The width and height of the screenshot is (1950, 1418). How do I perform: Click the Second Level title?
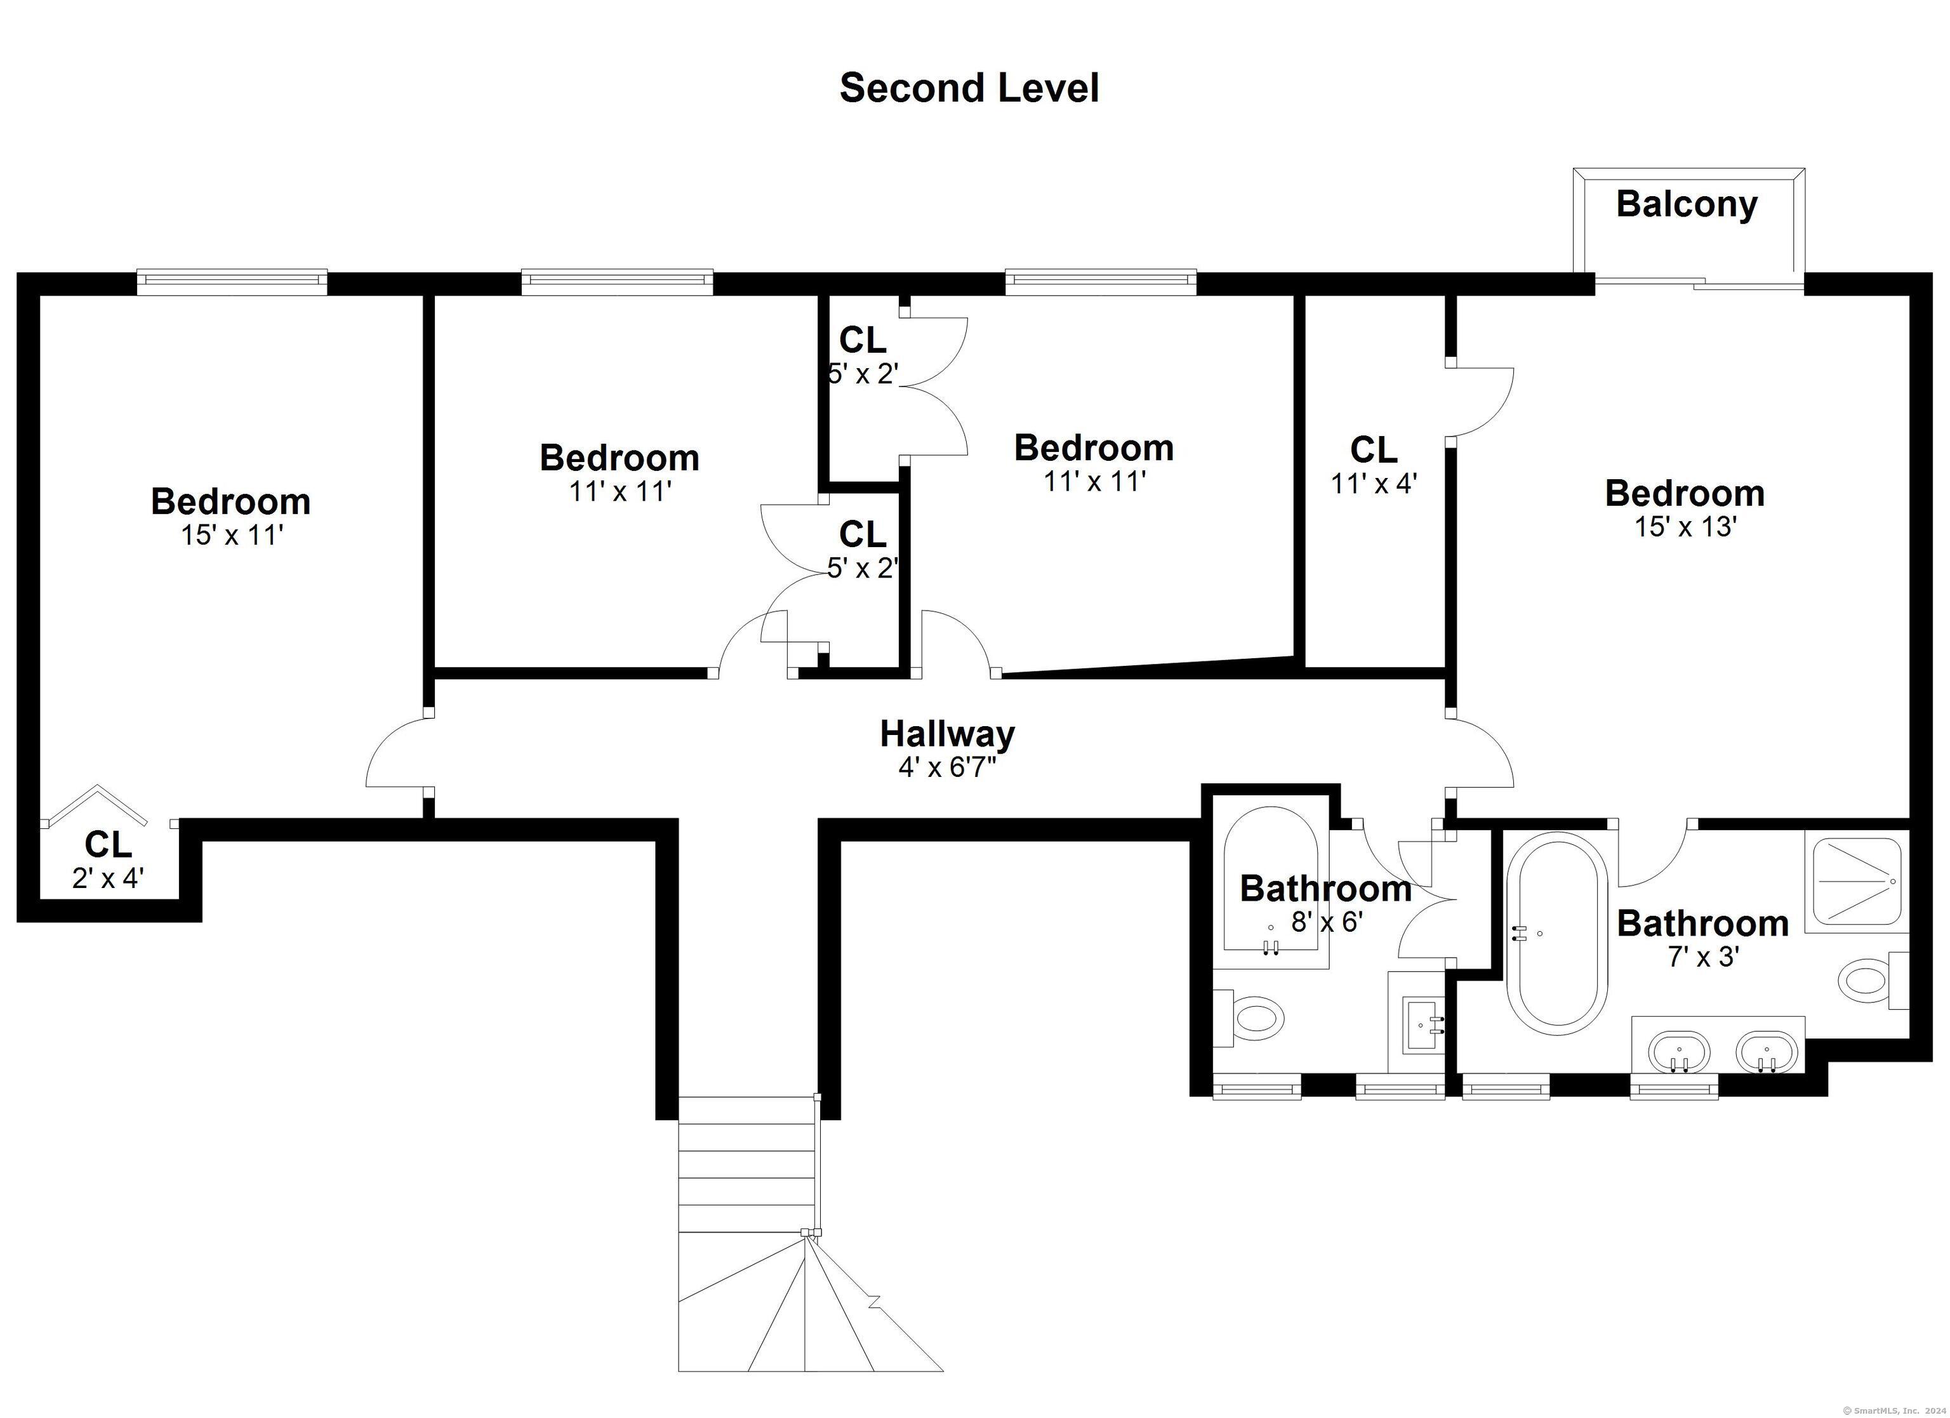[969, 88]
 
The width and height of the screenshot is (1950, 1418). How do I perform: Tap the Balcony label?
[1687, 204]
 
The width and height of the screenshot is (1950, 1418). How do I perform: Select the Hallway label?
[948, 734]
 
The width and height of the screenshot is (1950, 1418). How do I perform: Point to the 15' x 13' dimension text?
[1685, 526]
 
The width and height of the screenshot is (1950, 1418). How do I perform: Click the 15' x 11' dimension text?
[231, 535]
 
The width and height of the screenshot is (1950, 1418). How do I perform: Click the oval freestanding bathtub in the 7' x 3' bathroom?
[1557, 938]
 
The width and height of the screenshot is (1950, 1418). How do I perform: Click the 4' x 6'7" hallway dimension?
[946, 767]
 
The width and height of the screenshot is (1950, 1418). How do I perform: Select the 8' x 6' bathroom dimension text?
[1327, 922]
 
